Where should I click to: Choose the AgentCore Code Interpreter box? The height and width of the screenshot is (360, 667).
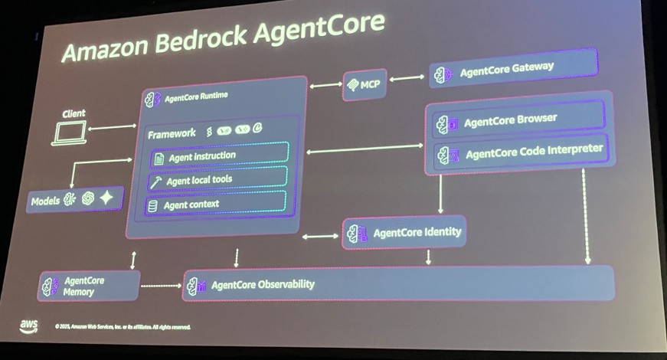(521, 151)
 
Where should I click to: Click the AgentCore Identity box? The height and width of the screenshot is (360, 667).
(405, 232)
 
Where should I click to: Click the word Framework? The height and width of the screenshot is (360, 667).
(172, 133)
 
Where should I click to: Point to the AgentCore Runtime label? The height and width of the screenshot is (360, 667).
(196, 97)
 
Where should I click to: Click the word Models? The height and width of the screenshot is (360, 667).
(45, 201)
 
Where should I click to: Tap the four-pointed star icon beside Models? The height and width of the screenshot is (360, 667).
(106, 198)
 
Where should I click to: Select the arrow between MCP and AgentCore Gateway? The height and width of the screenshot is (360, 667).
(407, 78)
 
